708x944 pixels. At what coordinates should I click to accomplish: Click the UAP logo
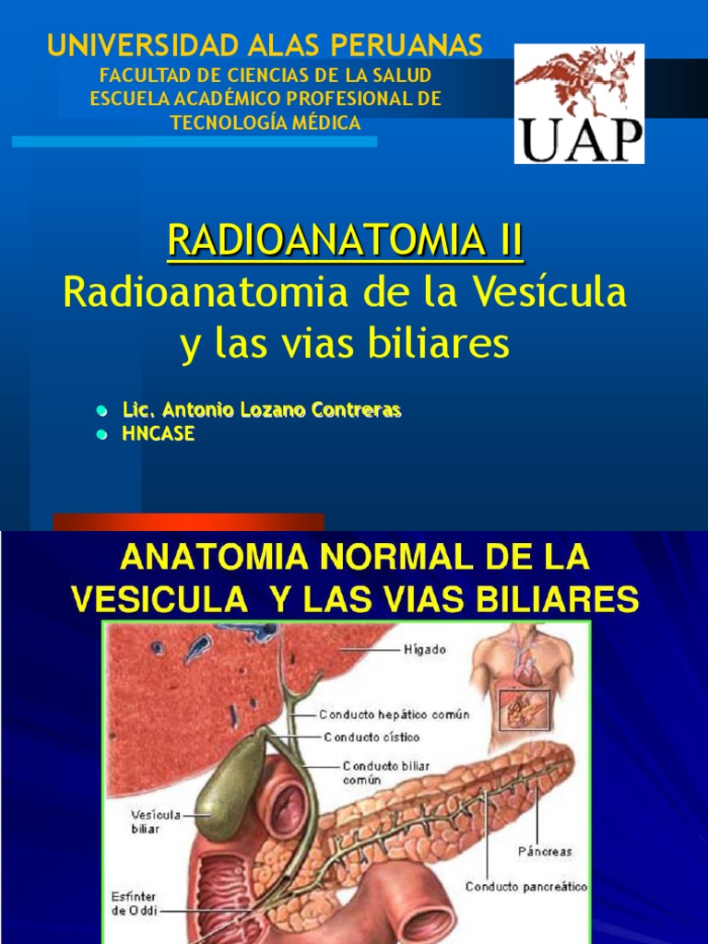(579, 103)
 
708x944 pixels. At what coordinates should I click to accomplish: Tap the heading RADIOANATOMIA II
(345, 241)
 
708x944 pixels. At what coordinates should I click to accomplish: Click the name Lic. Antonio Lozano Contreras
(262, 410)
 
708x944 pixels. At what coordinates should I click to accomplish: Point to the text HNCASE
(159, 433)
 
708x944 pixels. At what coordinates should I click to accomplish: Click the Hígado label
(425, 650)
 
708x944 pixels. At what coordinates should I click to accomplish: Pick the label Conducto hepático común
(395, 714)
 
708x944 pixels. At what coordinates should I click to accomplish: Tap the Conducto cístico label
(372, 737)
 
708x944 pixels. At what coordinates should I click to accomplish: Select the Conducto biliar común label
(386, 773)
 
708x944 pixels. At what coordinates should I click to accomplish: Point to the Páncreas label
(545, 851)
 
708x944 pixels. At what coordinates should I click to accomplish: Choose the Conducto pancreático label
(526, 887)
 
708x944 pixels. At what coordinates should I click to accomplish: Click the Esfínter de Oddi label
(134, 903)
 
